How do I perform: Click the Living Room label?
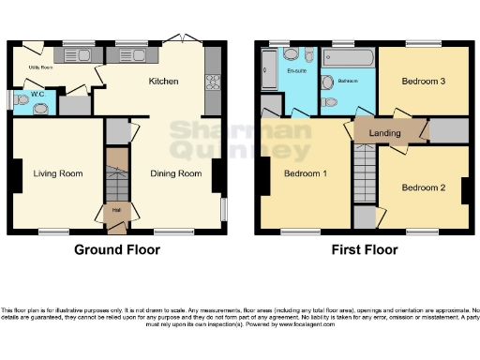[58, 173]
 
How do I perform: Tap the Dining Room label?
[176, 173]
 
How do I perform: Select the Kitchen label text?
[163, 82]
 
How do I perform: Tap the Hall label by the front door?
[116, 209]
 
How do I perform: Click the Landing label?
[384, 133]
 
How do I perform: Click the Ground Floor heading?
[117, 250]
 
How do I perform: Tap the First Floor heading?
[364, 250]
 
